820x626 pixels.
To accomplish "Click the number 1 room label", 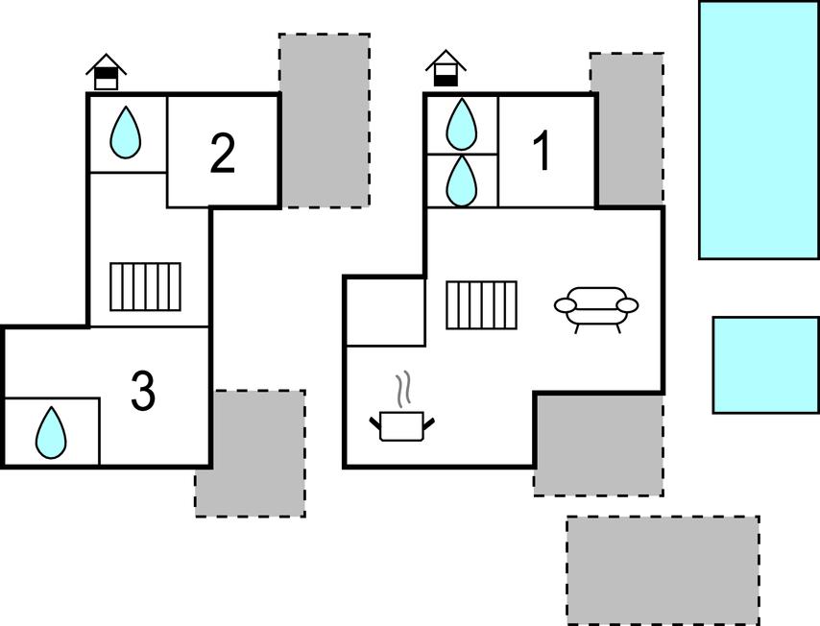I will [x=543, y=152].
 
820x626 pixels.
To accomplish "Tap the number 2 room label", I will [x=223, y=154].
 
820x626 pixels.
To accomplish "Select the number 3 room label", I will [x=143, y=392].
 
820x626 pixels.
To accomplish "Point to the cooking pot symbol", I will [x=403, y=424].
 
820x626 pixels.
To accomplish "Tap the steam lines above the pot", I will [x=404, y=388].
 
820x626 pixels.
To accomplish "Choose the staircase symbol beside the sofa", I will [x=481, y=305].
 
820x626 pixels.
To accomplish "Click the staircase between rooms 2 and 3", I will [x=145, y=286].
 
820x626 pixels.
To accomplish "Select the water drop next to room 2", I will [x=125, y=132].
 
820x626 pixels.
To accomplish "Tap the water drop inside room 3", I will [x=51, y=433].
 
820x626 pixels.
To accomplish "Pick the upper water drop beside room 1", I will [x=462, y=124].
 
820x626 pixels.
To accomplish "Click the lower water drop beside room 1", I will [x=462, y=180].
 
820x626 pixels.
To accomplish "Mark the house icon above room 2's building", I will [x=107, y=72].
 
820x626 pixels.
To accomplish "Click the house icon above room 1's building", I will [x=446, y=69].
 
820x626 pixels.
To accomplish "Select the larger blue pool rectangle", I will [x=759, y=130].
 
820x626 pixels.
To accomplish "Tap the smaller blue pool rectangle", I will [x=765, y=365].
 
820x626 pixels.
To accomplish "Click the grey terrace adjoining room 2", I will [x=325, y=120].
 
